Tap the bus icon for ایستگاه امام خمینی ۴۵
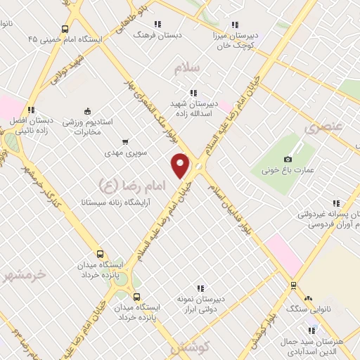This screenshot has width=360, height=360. pyautogui.click(x=65, y=29)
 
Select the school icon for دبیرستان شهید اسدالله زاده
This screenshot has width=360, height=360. pyautogui.click(x=193, y=93)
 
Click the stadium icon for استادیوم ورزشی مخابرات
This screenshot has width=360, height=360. pyautogui.click(x=87, y=110)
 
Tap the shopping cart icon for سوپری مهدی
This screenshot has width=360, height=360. pyautogui.click(x=126, y=141)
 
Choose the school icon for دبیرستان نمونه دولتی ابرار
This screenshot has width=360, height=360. pyautogui.click(x=200, y=288)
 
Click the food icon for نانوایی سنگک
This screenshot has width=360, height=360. pyautogui.click(x=292, y=285)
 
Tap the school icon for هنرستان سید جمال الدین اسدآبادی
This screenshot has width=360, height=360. pyautogui.click(x=311, y=330)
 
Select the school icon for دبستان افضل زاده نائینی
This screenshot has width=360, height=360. pyautogui.click(x=31, y=109)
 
